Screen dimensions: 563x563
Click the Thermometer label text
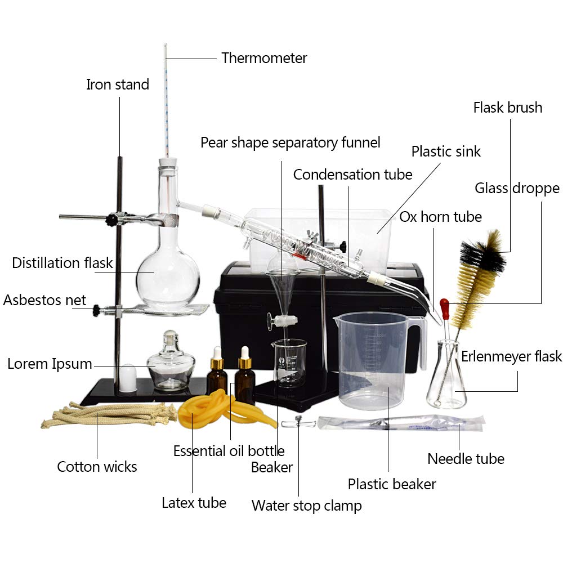pos(264,58)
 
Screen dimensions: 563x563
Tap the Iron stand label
pos(117,85)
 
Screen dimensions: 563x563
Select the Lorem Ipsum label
pos(50,364)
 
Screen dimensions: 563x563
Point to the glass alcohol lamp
pos(171,365)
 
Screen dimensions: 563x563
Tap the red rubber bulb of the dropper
pos(445,309)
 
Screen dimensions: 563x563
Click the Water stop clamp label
pos(306,505)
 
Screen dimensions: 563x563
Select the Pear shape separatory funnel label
pos(290,142)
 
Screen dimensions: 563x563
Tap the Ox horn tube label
pos(440,217)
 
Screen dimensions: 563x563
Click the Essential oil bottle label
pos(229,451)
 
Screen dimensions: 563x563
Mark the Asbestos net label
pos(44,300)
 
